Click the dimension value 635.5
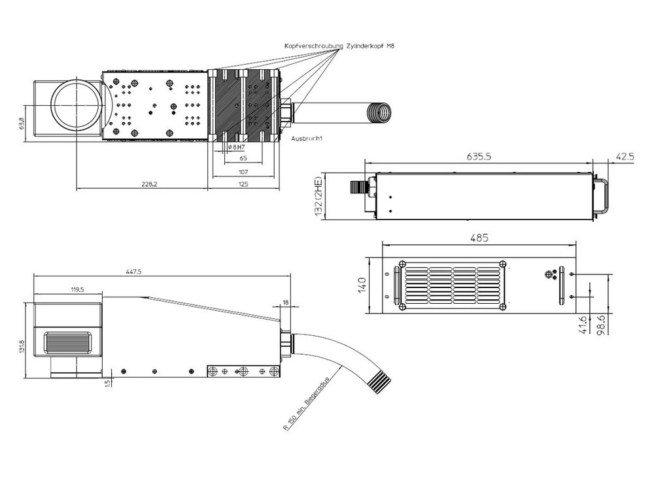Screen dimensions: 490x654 coord(479,157)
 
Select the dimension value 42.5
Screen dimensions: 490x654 coord(625,157)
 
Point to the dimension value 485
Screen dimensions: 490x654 coord(477,238)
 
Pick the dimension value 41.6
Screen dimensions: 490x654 coord(583,325)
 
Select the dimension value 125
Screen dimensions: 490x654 coord(243,184)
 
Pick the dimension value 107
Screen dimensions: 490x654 coord(243,171)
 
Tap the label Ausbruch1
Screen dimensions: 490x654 coord(307,139)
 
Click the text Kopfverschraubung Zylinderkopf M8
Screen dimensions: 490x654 coord(339,46)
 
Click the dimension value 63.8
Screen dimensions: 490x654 coord(21,123)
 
